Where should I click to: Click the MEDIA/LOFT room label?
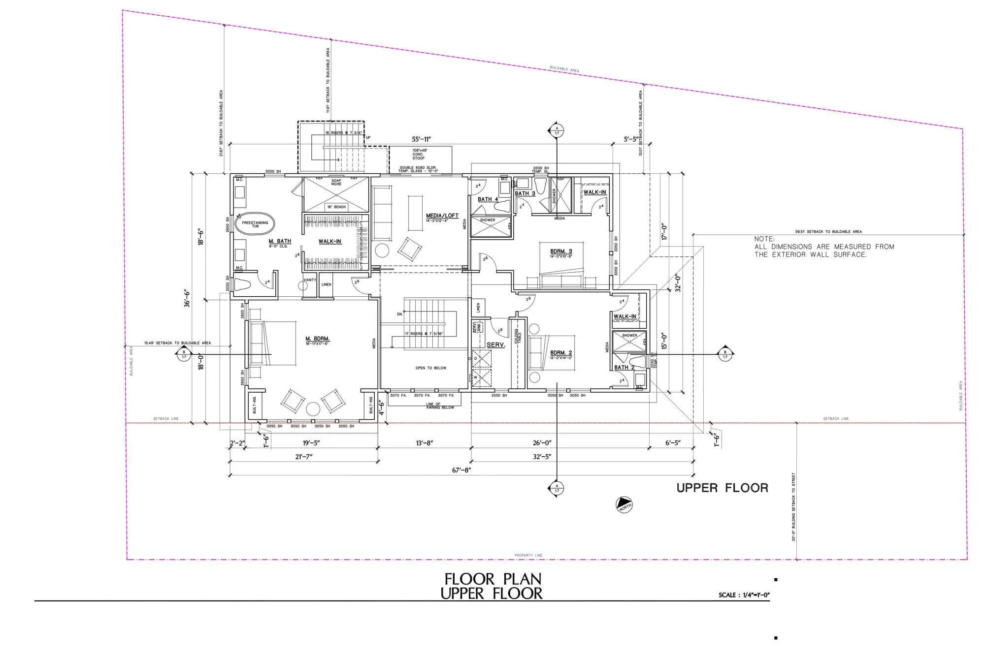442,216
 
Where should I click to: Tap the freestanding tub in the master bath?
255,224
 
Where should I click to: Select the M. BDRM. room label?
317,339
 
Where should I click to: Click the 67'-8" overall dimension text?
462,470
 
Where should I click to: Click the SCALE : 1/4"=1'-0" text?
744,595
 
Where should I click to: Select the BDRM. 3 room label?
561,251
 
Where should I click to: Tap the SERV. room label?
496,345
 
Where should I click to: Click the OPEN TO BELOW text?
431,368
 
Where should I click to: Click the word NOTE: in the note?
764,239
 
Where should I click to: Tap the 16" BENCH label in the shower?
336,207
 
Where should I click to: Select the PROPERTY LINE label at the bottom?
528,555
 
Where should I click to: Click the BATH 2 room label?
624,367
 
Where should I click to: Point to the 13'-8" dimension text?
424,443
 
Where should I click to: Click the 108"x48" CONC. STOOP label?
419,154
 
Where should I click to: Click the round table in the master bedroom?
313,409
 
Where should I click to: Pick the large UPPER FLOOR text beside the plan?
722,488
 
